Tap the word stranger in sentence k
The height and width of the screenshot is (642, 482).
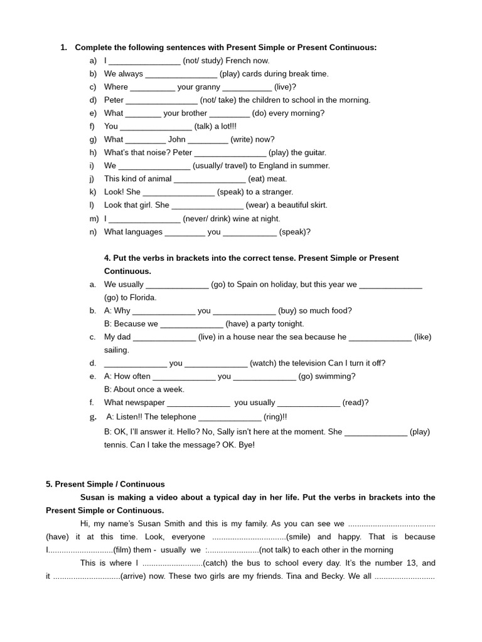pyautogui.click(x=278, y=192)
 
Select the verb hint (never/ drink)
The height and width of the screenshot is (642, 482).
pyautogui.click(x=213, y=219)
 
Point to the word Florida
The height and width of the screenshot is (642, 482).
pyautogui.click(x=142, y=298)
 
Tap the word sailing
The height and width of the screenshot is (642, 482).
pyautogui.click(x=117, y=350)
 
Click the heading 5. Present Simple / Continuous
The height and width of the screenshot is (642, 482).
pyautogui.click(x=105, y=485)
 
